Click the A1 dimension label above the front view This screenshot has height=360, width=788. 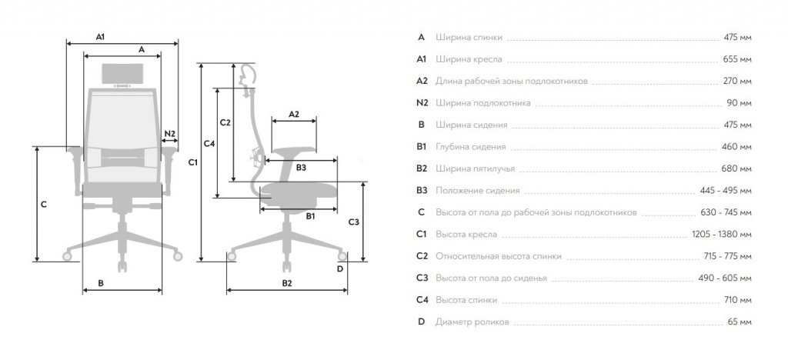coord(101,37)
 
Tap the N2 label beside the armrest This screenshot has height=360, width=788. coord(170,134)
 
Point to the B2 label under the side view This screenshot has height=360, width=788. coord(286,283)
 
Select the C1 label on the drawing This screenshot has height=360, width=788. coord(193,162)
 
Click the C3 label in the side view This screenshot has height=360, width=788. coord(354,222)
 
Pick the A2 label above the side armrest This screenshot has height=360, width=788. coord(293,114)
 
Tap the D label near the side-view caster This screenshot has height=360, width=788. coord(339,268)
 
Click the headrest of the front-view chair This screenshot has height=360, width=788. coord(123,74)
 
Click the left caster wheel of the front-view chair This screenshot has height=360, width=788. coord(68,257)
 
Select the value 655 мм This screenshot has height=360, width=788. coord(737,59)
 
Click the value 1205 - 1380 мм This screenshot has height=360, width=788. coord(722,234)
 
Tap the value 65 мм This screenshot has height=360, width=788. coord(740,322)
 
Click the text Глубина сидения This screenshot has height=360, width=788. coord(470,147)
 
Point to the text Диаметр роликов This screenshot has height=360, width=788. coord(472,322)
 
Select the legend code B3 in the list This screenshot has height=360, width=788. coord(422,190)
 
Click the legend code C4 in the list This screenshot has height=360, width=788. coord(422,300)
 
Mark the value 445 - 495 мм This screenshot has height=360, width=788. coord(726,191)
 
